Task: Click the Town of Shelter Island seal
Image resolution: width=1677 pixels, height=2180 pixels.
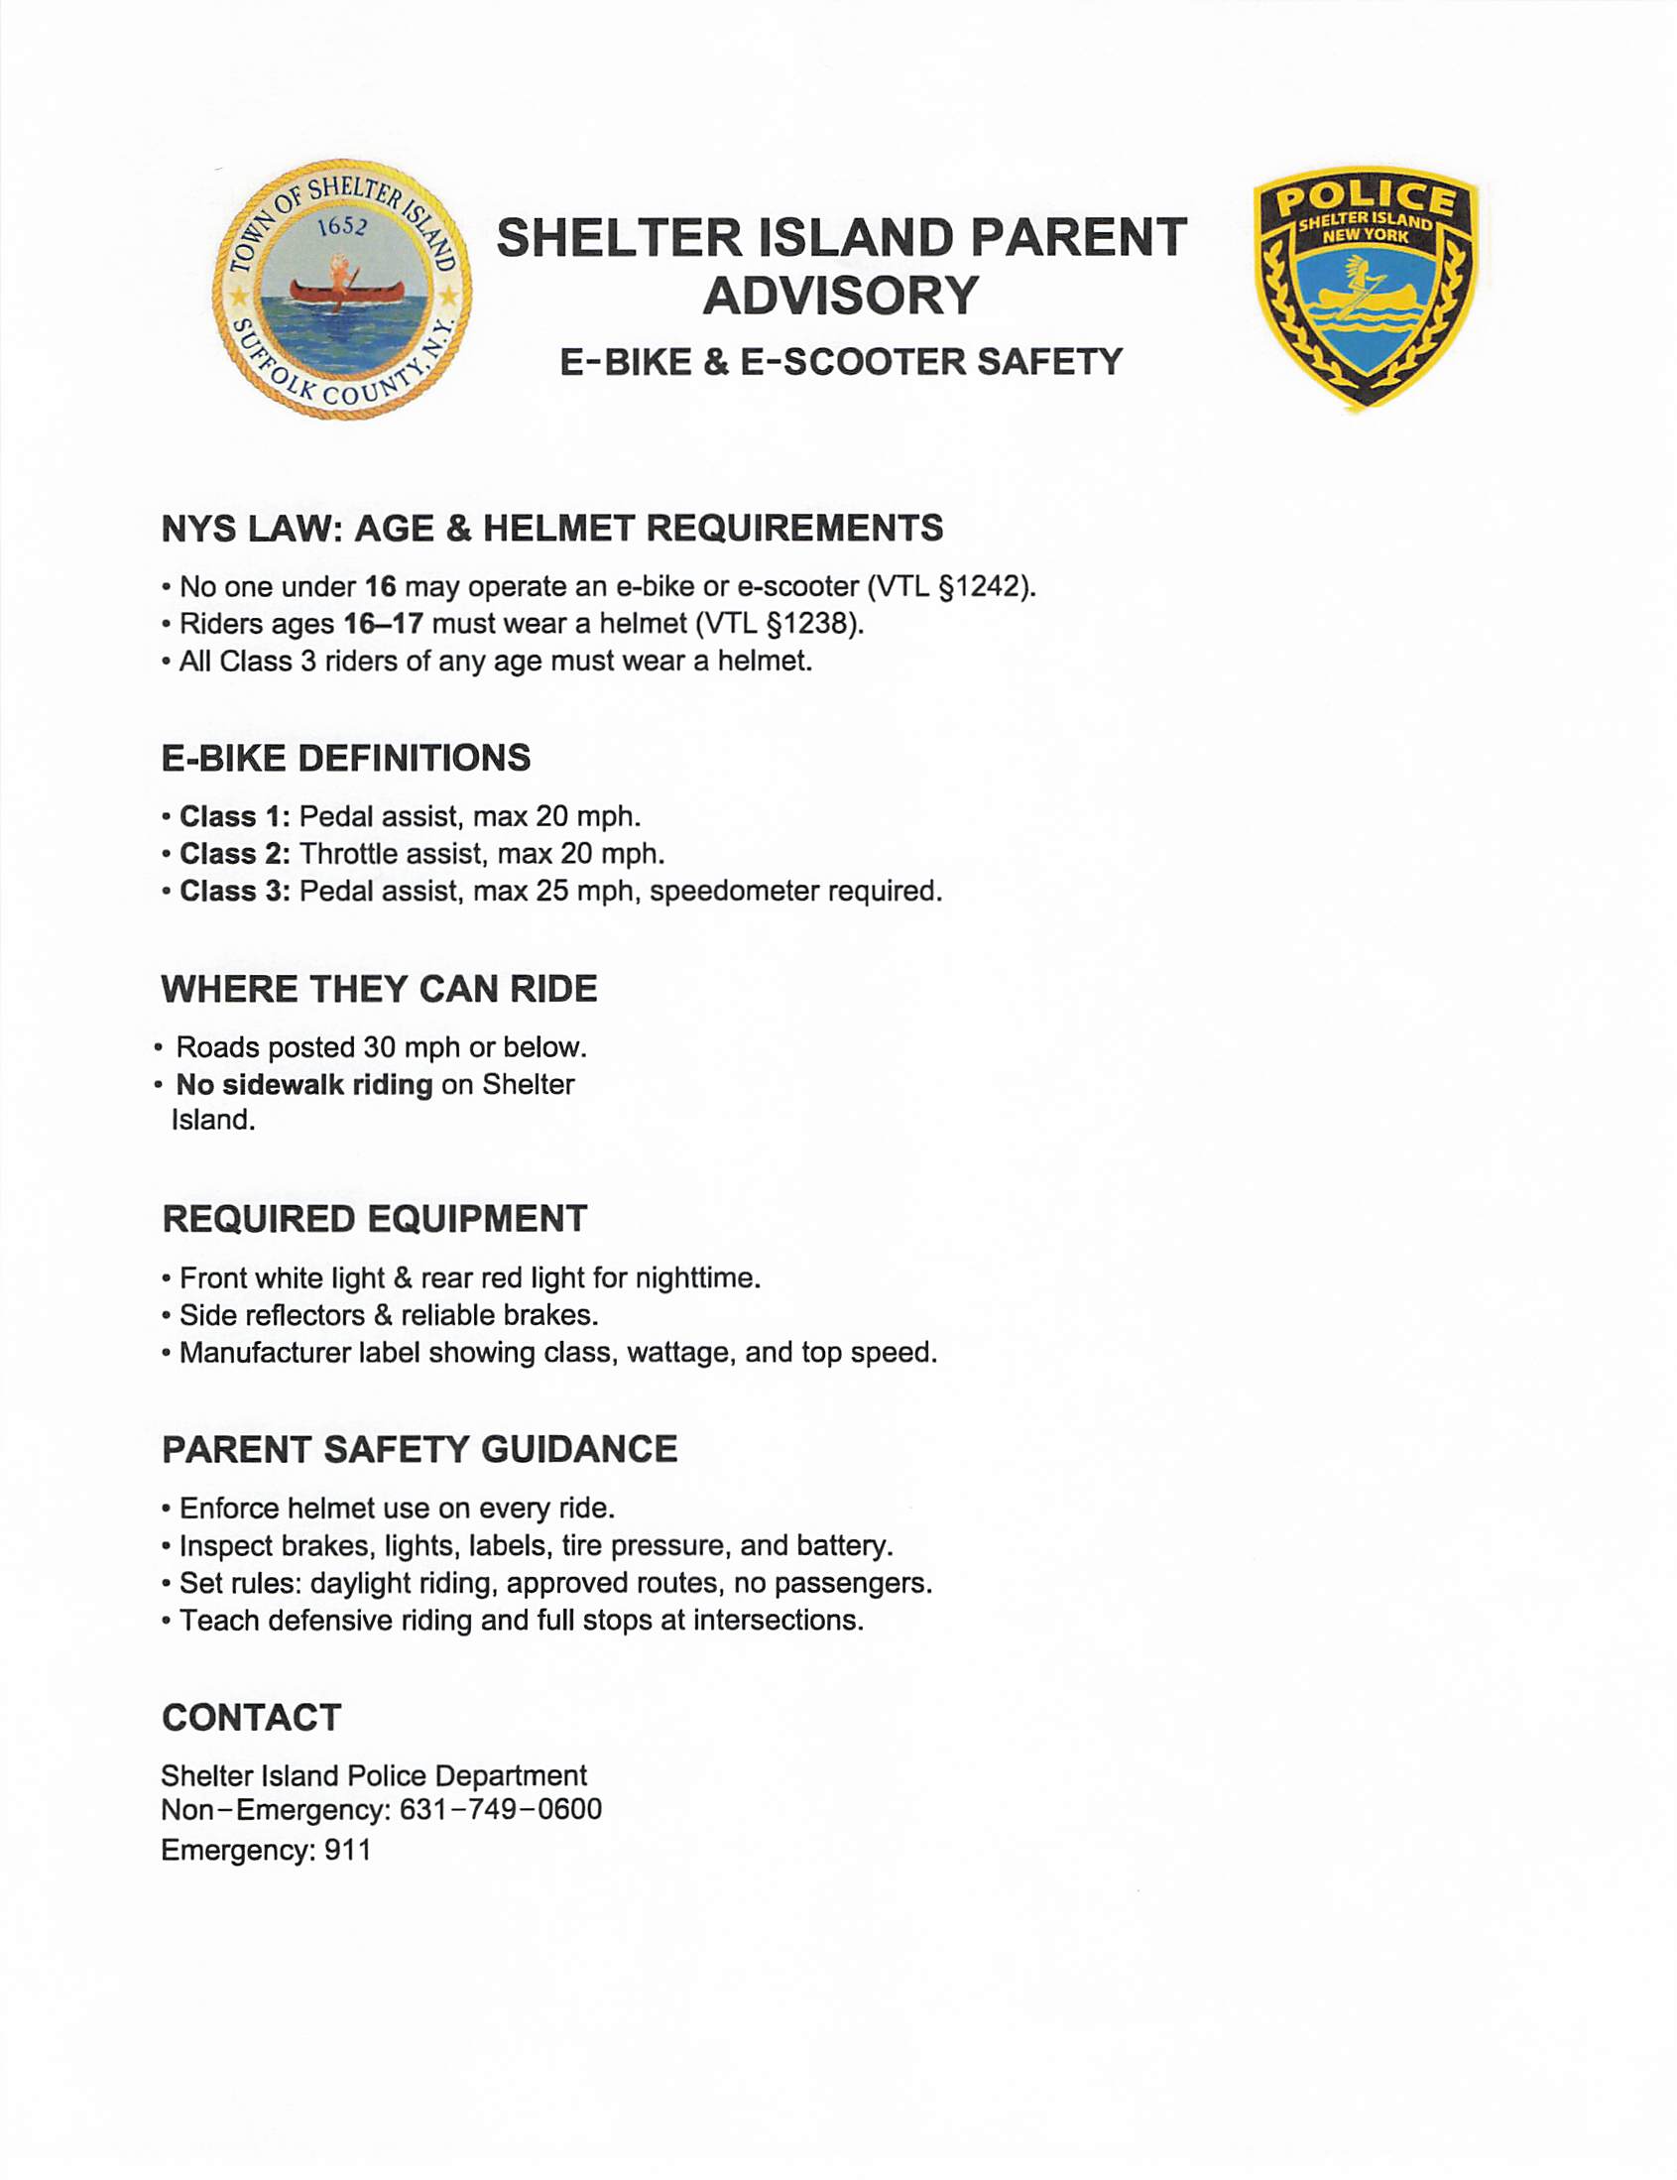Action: (x=342, y=290)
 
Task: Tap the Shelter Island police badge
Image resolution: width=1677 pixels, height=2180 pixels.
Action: (x=1366, y=288)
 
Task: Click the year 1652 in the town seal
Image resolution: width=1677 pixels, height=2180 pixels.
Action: (x=342, y=225)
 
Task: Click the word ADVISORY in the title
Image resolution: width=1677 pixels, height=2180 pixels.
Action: (x=841, y=296)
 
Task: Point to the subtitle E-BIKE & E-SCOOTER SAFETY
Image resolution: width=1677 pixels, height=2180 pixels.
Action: (x=841, y=361)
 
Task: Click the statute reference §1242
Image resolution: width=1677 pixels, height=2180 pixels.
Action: (x=983, y=586)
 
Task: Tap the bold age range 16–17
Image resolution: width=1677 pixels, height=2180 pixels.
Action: (x=384, y=624)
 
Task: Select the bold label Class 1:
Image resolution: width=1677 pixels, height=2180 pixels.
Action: (x=235, y=816)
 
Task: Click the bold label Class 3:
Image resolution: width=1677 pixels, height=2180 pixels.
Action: (x=235, y=891)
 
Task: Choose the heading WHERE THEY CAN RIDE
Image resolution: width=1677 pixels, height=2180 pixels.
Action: (x=379, y=988)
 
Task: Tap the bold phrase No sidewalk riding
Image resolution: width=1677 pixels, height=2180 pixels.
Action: (x=304, y=1084)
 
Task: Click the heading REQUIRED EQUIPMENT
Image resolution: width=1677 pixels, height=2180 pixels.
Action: (x=374, y=1219)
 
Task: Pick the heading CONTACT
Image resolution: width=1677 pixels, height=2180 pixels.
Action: (x=252, y=1718)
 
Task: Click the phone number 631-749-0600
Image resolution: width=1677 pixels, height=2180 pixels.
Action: (x=500, y=1809)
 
